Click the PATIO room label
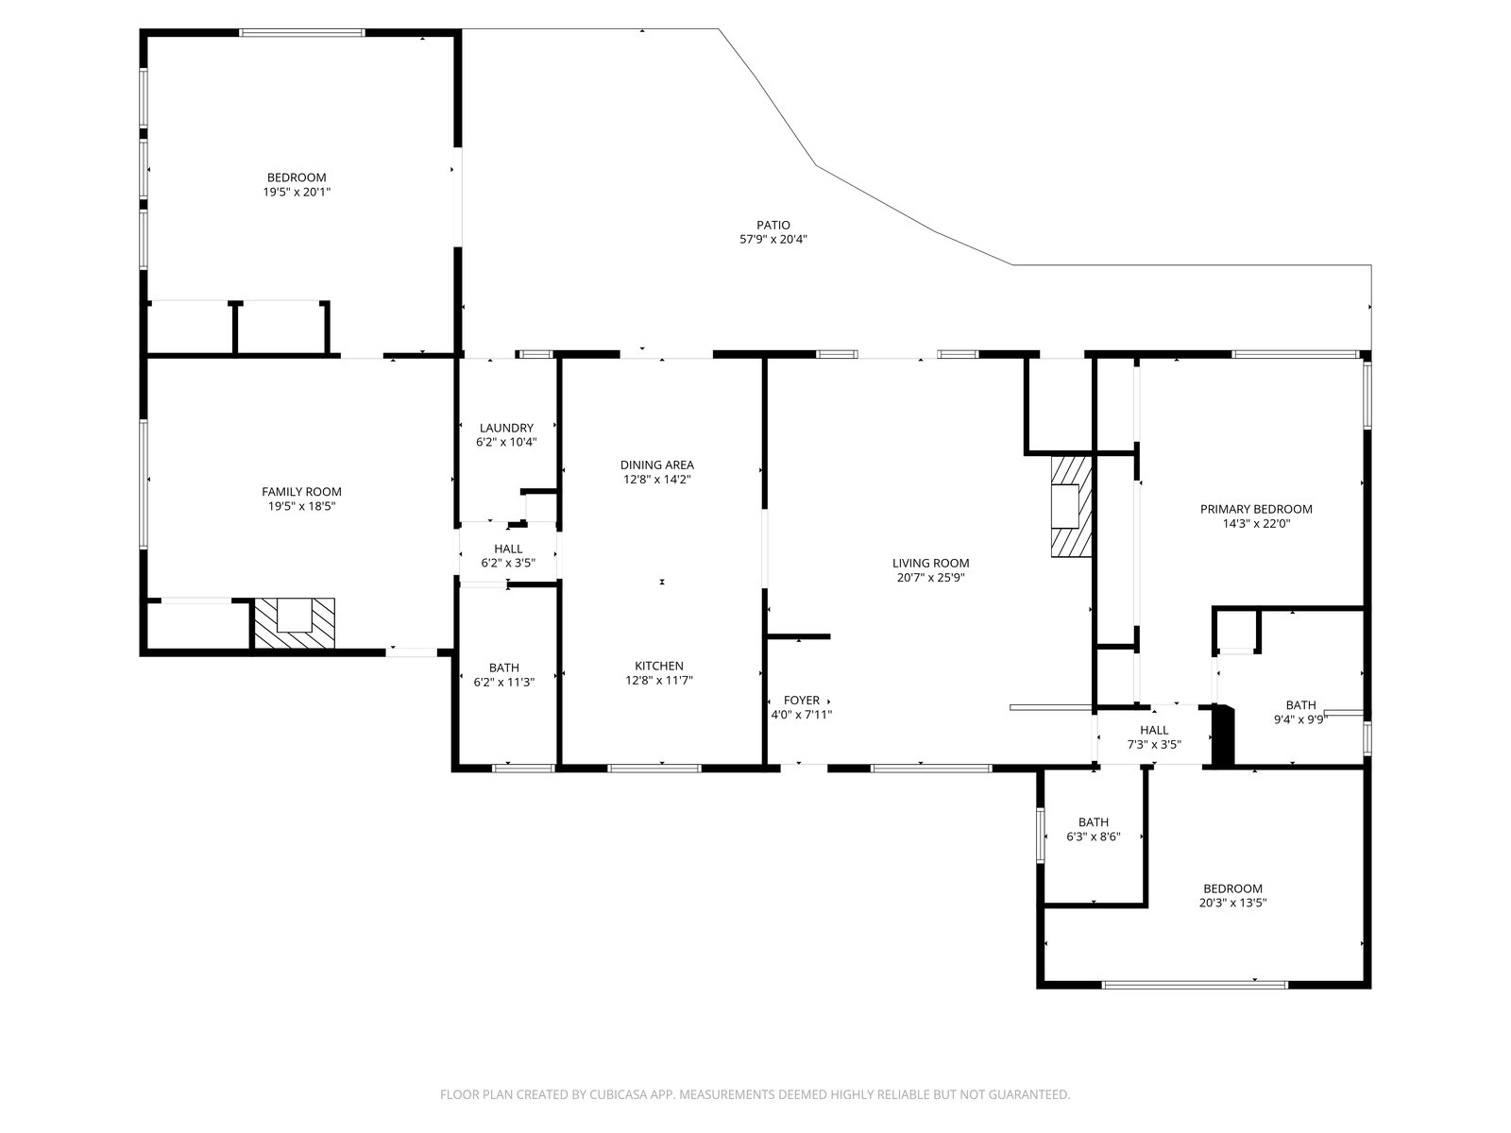click(773, 225)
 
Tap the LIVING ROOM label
click(931, 563)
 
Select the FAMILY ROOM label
click(301, 491)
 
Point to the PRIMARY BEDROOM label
click(1256, 509)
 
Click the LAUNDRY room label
click(506, 427)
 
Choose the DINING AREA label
click(656, 465)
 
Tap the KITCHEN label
click(659, 666)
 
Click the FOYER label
click(801, 701)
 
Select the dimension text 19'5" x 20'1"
click(297, 192)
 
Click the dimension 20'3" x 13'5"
click(1233, 903)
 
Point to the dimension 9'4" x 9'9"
click(1300, 720)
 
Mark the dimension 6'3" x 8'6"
click(1094, 837)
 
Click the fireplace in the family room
click(295, 623)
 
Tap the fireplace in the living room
click(1071, 506)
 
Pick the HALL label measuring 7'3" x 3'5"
click(1154, 730)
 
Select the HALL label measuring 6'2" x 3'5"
click(508, 549)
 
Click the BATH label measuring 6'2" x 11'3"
click(504, 668)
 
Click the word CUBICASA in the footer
click(619, 1093)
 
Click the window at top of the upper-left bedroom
click(301, 32)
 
